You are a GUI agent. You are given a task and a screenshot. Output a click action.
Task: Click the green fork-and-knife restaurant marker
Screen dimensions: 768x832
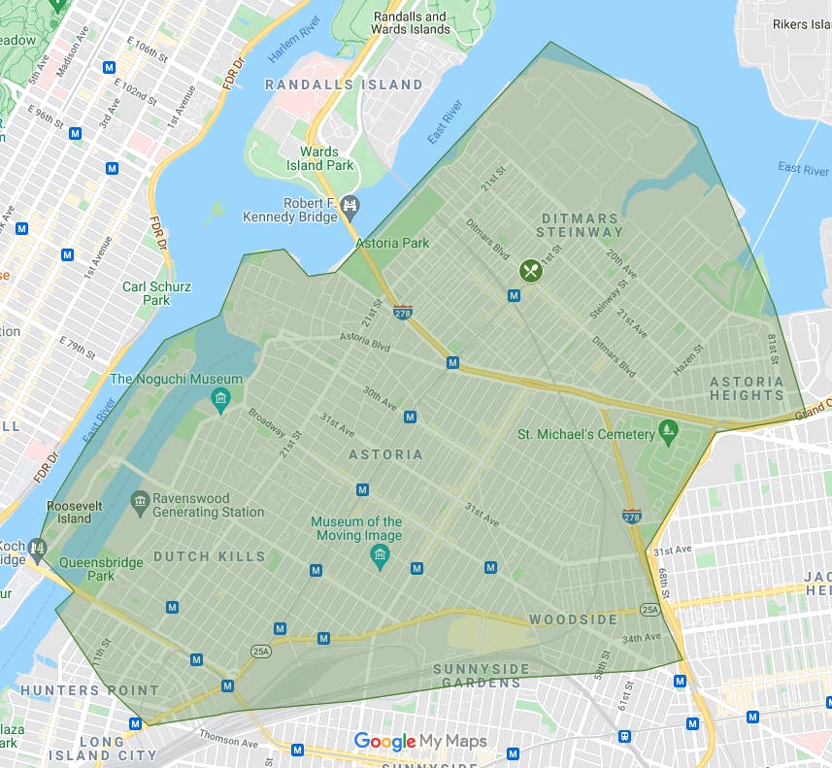click(x=530, y=270)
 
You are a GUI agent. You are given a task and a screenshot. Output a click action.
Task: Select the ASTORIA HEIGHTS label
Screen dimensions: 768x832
click(x=747, y=388)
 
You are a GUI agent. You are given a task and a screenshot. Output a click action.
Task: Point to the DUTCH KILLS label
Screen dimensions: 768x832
click(x=209, y=556)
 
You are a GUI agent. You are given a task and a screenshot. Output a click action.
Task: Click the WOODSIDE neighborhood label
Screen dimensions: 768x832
click(x=573, y=619)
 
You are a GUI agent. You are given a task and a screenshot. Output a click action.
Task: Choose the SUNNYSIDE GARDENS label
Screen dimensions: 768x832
click(x=482, y=676)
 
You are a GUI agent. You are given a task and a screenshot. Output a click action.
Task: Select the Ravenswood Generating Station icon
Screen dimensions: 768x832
click(x=140, y=501)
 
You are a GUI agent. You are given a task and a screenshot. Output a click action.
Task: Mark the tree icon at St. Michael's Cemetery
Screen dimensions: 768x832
click(x=667, y=429)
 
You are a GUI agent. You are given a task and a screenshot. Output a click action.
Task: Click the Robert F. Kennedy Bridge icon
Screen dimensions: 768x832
click(x=350, y=205)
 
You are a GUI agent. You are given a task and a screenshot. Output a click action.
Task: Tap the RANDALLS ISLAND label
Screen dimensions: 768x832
click(x=344, y=84)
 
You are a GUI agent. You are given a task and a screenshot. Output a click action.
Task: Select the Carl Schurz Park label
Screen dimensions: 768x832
click(x=156, y=293)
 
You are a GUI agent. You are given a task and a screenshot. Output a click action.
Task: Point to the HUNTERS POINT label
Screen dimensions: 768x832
click(x=89, y=690)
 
